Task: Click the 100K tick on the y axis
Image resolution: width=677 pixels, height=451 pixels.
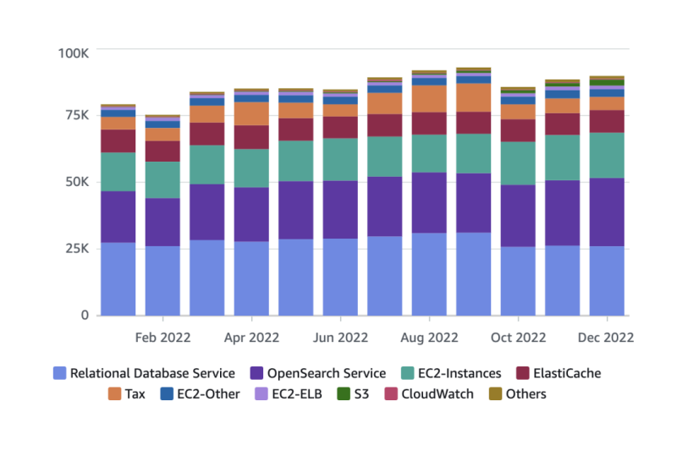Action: [x=74, y=52]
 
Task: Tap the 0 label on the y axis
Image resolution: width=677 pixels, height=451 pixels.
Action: [x=85, y=315]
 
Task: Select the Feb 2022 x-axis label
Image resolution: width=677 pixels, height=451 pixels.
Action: [x=162, y=337]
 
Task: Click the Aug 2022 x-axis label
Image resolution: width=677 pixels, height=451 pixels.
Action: [x=429, y=337]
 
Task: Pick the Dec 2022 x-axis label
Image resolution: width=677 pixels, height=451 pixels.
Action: [x=607, y=337]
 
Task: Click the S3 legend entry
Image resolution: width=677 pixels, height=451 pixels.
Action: [x=351, y=393]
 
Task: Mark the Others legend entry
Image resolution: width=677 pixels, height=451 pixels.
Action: [x=517, y=393]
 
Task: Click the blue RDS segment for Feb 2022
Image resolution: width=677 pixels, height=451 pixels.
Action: [x=162, y=280]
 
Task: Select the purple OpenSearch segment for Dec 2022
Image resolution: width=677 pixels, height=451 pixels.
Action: [x=607, y=212]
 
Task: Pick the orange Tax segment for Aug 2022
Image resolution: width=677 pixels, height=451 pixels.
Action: [x=429, y=99]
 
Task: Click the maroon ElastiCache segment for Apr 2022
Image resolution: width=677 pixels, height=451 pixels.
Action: [x=251, y=137]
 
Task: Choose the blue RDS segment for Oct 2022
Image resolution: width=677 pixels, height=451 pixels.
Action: [x=518, y=280]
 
